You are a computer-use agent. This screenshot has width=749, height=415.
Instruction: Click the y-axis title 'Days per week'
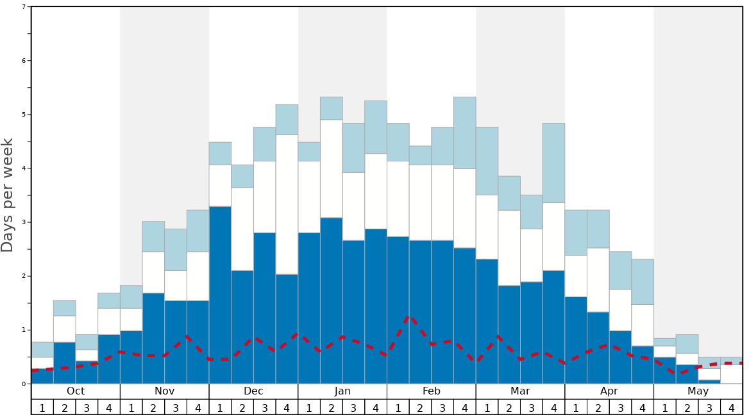[8, 195]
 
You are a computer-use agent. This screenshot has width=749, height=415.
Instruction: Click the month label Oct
[76, 391]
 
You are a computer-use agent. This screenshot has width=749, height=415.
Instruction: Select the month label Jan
[342, 391]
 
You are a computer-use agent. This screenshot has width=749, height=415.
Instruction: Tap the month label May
[698, 391]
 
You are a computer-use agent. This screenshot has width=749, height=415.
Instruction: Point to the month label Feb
[432, 391]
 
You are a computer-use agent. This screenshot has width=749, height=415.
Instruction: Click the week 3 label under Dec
[265, 407]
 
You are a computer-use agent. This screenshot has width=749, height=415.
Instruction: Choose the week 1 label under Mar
[487, 407]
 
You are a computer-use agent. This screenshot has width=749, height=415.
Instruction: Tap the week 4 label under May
[732, 407]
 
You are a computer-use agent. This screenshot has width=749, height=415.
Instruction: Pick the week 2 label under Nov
[153, 407]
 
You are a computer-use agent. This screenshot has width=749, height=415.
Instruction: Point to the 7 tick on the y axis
[24, 7]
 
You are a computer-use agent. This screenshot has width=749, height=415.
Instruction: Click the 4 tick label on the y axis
[24, 168]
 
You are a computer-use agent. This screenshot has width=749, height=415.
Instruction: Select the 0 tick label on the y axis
[24, 384]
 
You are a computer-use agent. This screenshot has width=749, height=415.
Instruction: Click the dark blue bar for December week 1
[220, 295]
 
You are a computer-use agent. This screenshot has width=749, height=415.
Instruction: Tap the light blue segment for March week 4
[554, 163]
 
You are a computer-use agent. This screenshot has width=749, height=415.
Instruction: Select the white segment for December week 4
[287, 204]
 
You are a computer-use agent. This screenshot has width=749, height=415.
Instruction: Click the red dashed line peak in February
[409, 316]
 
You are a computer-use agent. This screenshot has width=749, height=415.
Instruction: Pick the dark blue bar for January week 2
[332, 300]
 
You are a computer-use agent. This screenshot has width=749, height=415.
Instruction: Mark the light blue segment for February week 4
[465, 133]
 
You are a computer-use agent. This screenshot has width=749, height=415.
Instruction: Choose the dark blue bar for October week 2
[64, 363]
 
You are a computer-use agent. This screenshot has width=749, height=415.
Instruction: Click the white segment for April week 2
[598, 280]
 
